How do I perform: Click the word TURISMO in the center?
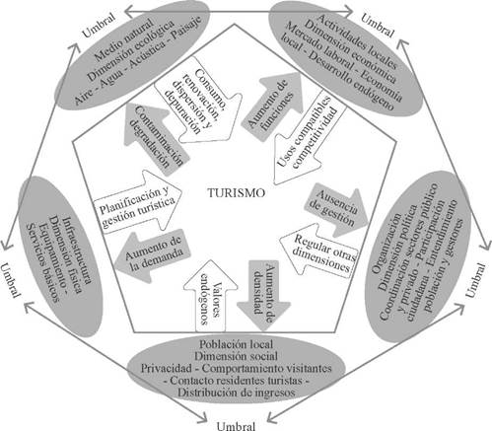(x=237, y=192)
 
